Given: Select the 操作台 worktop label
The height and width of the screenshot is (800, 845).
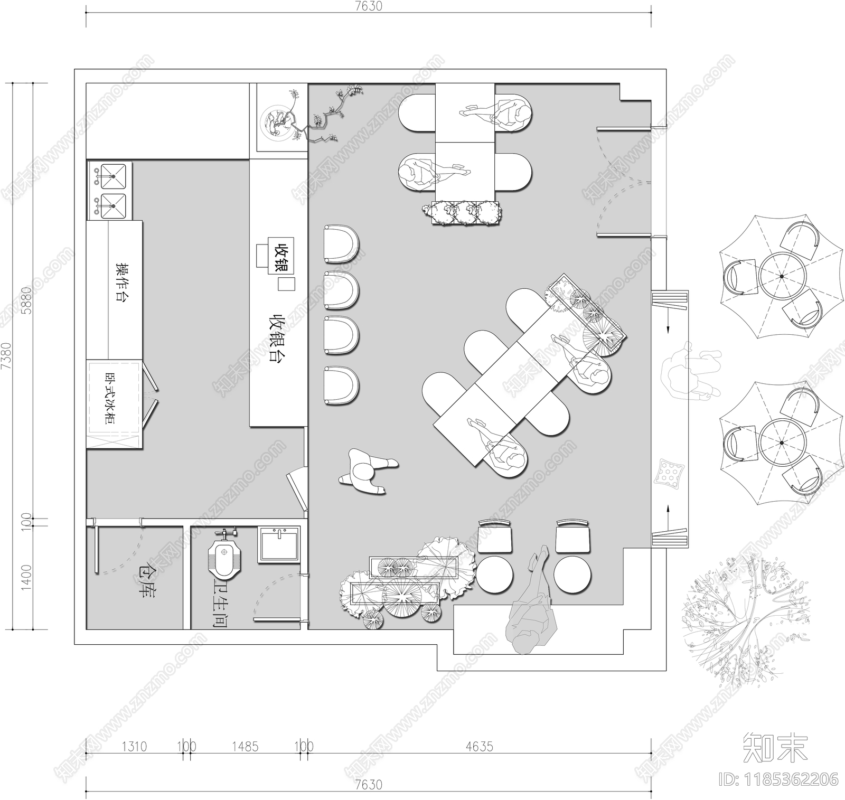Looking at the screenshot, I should click(123, 281).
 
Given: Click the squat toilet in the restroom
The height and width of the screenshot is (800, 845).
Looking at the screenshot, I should click(225, 557).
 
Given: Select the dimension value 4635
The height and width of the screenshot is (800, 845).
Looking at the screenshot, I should click(479, 747).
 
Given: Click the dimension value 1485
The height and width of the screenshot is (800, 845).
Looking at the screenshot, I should click(245, 747).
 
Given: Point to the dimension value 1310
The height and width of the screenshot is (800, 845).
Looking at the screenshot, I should click(134, 747).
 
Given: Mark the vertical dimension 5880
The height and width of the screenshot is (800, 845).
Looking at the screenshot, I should click(26, 300).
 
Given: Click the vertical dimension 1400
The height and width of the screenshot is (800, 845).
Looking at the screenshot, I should click(26, 578).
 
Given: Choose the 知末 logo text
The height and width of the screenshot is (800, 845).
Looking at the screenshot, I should click(775, 747).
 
